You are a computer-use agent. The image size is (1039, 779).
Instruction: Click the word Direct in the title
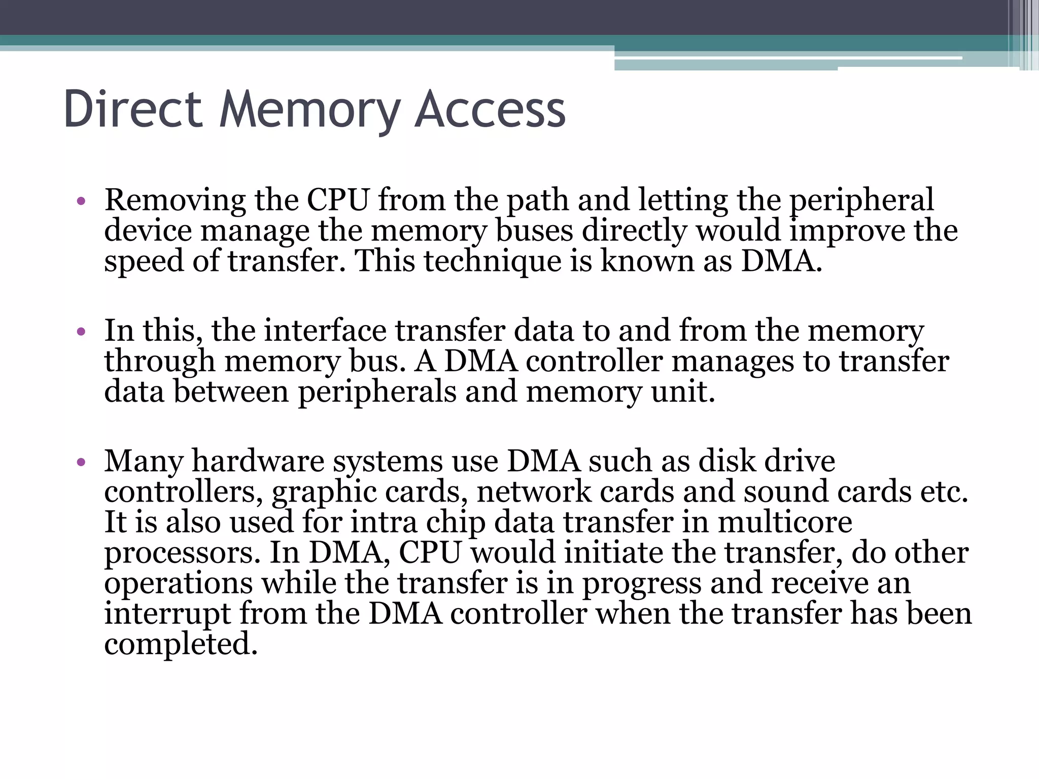pos(133,109)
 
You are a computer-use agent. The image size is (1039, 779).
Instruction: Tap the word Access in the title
pos(490,109)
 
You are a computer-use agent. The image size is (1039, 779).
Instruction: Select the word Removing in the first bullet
pos(175,200)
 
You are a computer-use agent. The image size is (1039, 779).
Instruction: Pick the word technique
pos(492,261)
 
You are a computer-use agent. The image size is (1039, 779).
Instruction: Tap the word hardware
pos(258,462)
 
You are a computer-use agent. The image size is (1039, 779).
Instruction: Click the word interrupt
pos(167,614)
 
